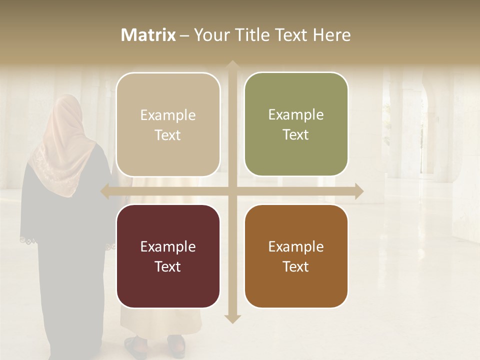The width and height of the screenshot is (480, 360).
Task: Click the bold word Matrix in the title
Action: coord(148,35)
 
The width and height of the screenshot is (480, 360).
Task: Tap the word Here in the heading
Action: coord(331,35)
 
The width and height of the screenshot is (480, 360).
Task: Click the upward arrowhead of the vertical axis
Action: coord(232,65)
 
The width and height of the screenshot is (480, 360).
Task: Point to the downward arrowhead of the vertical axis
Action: coord(232,318)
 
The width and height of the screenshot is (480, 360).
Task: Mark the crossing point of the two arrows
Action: coord(232,191)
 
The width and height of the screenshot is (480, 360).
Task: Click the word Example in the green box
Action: coord(296,115)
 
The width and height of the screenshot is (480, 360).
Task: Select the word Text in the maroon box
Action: coord(168,266)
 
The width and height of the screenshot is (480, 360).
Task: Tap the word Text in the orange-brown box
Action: coord(296,266)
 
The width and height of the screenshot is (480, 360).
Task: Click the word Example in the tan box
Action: coord(168,115)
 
